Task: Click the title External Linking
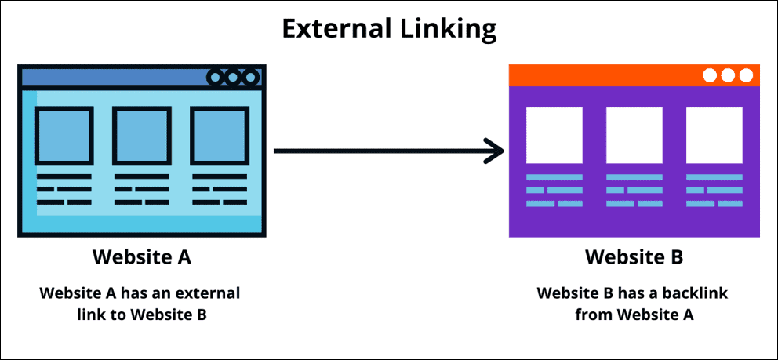click(x=389, y=29)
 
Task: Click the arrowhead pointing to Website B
click(x=493, y=151)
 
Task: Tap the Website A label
click(x=141, y=257)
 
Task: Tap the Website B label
click(x=634, y=257)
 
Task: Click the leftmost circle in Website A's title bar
click(x=216, y=77)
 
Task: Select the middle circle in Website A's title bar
click(x=233, y=77)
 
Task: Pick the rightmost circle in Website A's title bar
click(x=250, y=77)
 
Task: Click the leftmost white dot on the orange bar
click(x=710, y=75)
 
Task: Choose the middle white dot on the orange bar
click(x=728, y=75)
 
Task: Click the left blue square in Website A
click(x=64, y=135)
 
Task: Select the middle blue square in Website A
click(x=141, y=135)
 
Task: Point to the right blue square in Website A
click(x=219, y=135)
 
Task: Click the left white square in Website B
click(x=554, y=135)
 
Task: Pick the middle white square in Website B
click(x=634, y=135)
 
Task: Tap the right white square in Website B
click(x=714, y=135)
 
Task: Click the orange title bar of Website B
click(x=604, y=75)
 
